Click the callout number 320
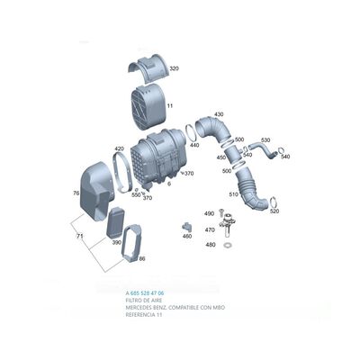point(174,68)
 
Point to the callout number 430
point(217,114)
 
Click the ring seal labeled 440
point(190,131)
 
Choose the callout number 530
point(265,140)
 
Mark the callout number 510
point(233,194)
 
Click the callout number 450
point(220,157)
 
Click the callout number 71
point(78,236)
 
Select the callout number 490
point(209,213)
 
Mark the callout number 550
point(136,193)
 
